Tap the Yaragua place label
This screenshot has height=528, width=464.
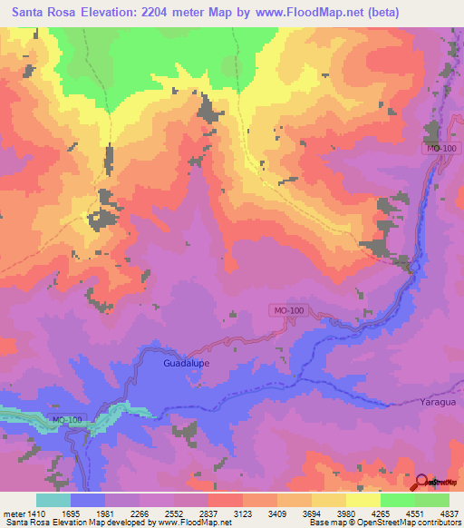click(438, 401)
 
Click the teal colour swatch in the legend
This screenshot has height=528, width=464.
click(53, 501)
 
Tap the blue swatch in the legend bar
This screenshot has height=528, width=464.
click(88, 501)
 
